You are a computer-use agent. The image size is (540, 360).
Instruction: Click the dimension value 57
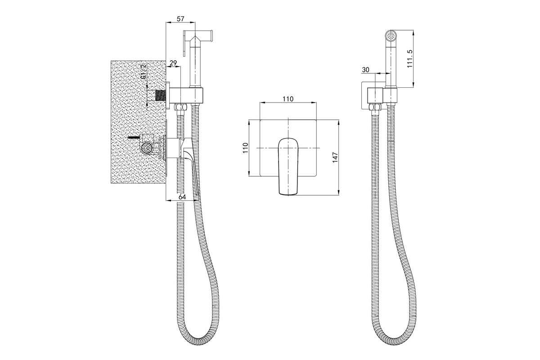pos(180,19)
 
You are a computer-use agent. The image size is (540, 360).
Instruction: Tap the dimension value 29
pos(173,63)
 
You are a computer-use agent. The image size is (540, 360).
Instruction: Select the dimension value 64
pos(182,197)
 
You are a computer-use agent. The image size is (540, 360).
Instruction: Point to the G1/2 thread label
pos(144,72)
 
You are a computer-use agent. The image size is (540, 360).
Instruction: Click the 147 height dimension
pos(335,157)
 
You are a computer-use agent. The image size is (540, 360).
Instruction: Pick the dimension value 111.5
pos(410,58)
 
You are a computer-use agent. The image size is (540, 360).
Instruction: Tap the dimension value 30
pos(365,70)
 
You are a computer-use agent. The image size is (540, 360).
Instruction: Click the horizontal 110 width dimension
pos(288,99)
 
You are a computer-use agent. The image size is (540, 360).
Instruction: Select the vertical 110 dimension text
pos(245,148)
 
